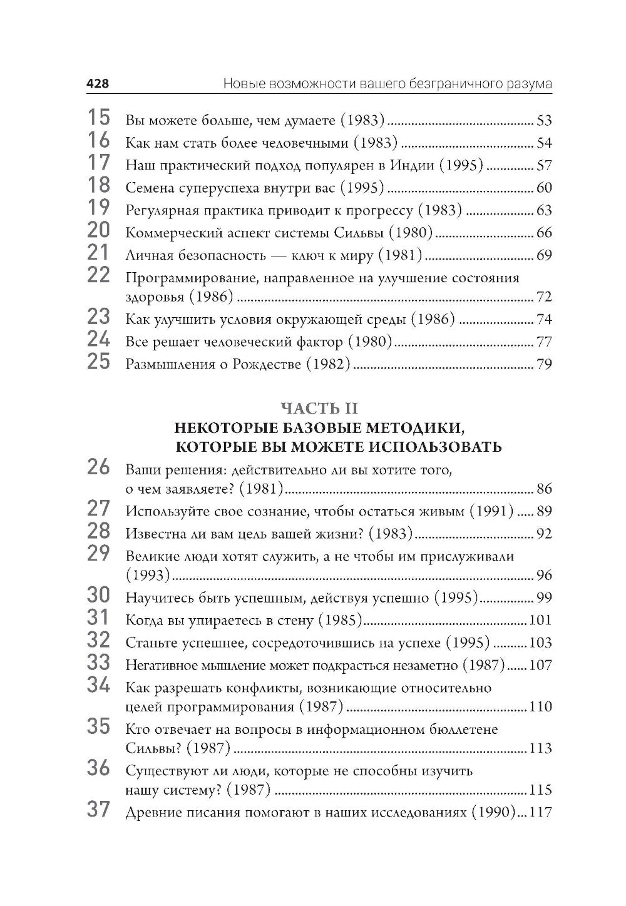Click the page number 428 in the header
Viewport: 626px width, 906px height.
click(98, 84)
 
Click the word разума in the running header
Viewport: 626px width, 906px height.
click(530, 84)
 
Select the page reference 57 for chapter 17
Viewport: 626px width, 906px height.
click(544, 166)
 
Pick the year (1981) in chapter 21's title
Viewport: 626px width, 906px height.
click(402, 255)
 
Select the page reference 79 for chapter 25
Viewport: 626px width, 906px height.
click(544, 364)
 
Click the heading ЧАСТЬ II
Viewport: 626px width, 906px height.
click(319, 409)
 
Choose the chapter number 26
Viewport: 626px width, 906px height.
click(98, 468)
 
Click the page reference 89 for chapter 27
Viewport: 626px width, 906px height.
click(544, 511)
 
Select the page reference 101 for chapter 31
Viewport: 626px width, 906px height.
click(540, 620)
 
